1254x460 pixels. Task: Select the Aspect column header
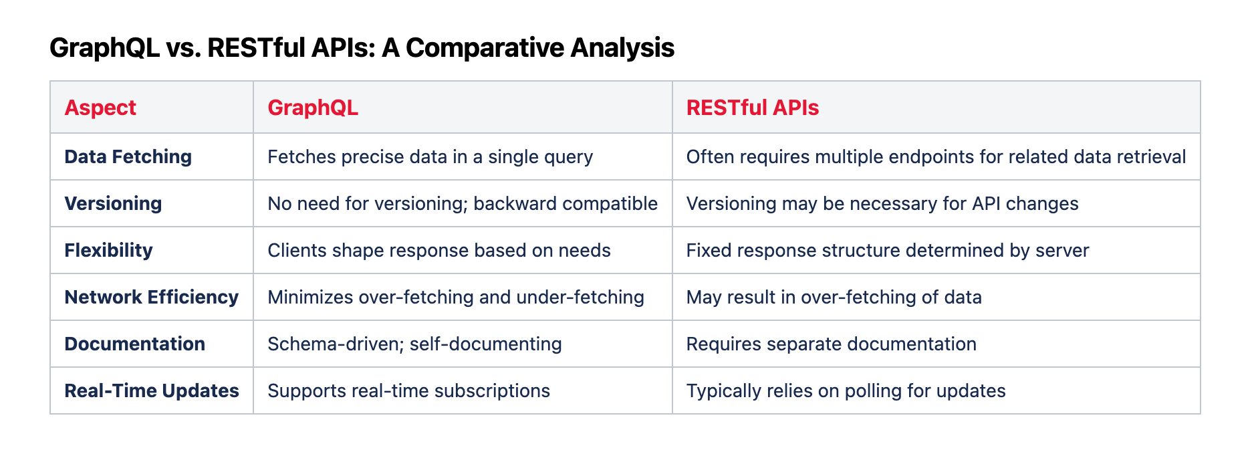point(100,108)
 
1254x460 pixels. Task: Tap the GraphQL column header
point(313,108)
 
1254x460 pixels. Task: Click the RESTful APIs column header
point(753,108)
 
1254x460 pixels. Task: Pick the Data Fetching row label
point(128,156)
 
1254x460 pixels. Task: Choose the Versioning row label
point(114,203)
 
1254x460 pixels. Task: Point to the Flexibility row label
point(109,250)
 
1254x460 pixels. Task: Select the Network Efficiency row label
point(152,297)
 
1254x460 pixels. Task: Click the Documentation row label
point(135,344)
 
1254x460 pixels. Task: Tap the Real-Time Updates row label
point(152,390)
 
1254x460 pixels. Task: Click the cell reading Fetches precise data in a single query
point(430,156)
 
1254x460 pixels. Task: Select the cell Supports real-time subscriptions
point(409,390)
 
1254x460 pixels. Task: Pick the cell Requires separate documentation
point(832,344)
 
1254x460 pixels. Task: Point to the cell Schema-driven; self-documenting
point(415,344)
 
